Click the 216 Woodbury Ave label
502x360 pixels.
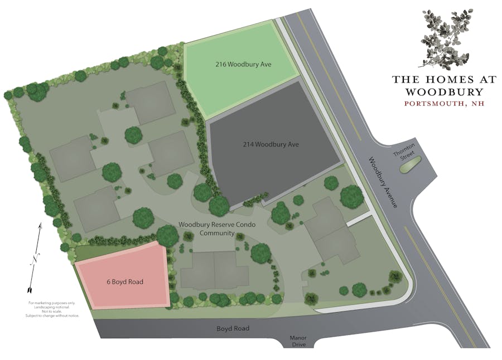(243, 64)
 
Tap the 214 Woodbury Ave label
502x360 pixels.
(271, 145)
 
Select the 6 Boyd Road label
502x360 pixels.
(125, 281)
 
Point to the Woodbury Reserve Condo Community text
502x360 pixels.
(206, 228)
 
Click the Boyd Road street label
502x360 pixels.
(233, 329)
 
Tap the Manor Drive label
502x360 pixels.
(298, 341)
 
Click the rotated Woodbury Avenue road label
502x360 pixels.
(382, 183)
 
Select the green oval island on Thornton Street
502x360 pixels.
(412, 164)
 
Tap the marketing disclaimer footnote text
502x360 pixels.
(52, 309)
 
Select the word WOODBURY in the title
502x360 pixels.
(444, 91)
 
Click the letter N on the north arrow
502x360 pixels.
(35, 259)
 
